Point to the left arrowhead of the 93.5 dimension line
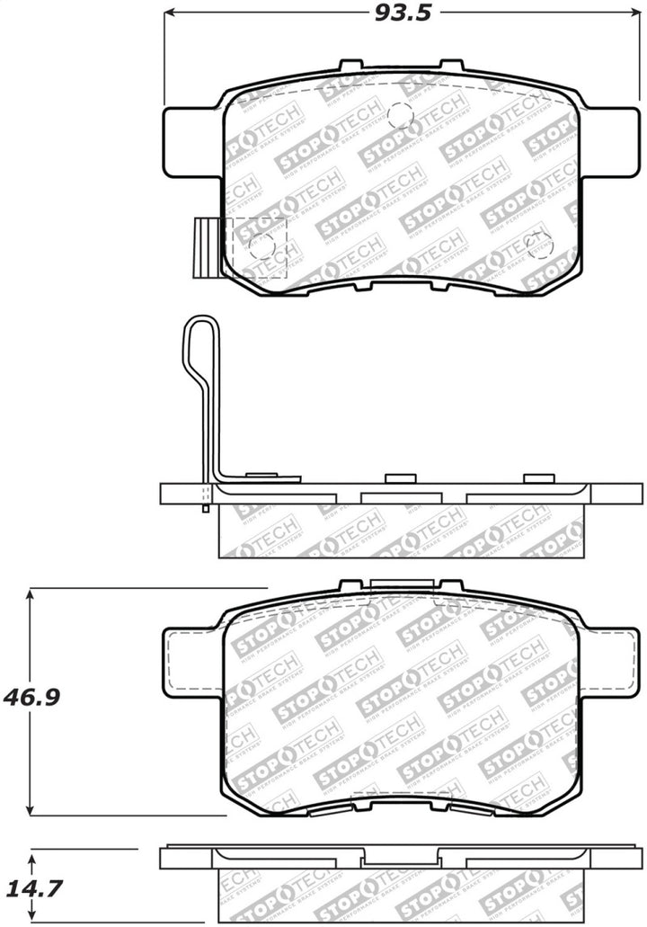[171, 13]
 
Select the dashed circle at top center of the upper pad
[399, 115]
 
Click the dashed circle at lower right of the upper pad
[538, 244]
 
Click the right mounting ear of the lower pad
[610, 662]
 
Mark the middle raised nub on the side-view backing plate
[396, 478]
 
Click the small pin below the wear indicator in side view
[207, 508]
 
